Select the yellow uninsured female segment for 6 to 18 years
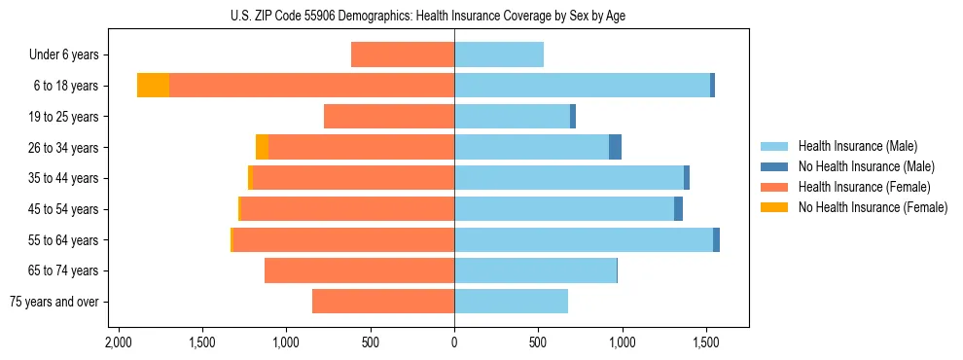(153, 86)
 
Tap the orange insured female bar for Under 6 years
(402, 54)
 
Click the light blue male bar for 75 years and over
(511, 302)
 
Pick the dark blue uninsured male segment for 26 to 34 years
(615, 147)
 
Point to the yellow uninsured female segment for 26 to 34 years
(262, 147)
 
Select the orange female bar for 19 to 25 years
(388, 117)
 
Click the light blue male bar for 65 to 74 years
(535, 270)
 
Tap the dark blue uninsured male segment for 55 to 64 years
(716, 239)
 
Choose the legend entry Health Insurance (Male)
(857, 146)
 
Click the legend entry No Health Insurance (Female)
(873, 207)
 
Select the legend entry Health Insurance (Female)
(864, 187)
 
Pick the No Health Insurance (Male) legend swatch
(774, 166)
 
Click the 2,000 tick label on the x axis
(119, 343)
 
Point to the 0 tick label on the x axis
(454, 343)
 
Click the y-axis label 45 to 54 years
(63, 209)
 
